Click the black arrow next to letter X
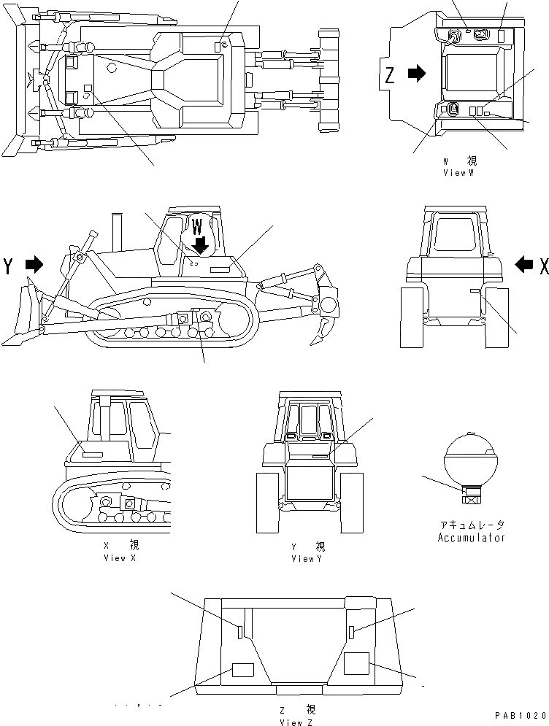[x=523, y=266]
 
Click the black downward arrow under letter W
[x=199, y=247]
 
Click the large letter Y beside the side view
[x=9, y=266]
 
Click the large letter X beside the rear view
[x=543, y=267]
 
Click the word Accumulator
[x=471, y=538]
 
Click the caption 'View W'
[x=458, y=173]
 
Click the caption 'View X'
[x=120, y=558]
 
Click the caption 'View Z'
[x=296, y=722]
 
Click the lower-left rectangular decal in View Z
[x=242, y=670]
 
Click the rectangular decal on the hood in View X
[x=92, y=455]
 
